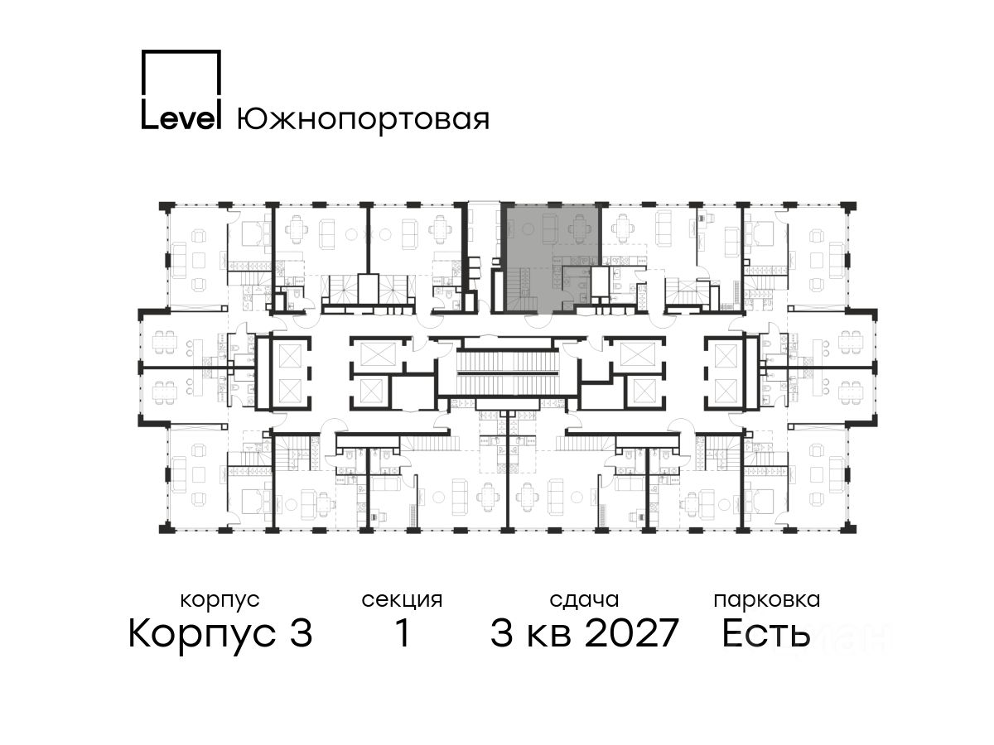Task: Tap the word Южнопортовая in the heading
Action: click(x=363, y=119)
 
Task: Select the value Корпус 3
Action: click(x=220, y=633)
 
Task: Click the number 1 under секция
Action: click(x=403, y=632)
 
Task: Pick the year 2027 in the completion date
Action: click(x=632, y=632)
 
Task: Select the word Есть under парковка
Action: click(x=765, y=633)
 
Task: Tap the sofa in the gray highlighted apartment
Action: click(x=550, y=228)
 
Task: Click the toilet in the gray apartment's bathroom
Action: click(x=583, y=296)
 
